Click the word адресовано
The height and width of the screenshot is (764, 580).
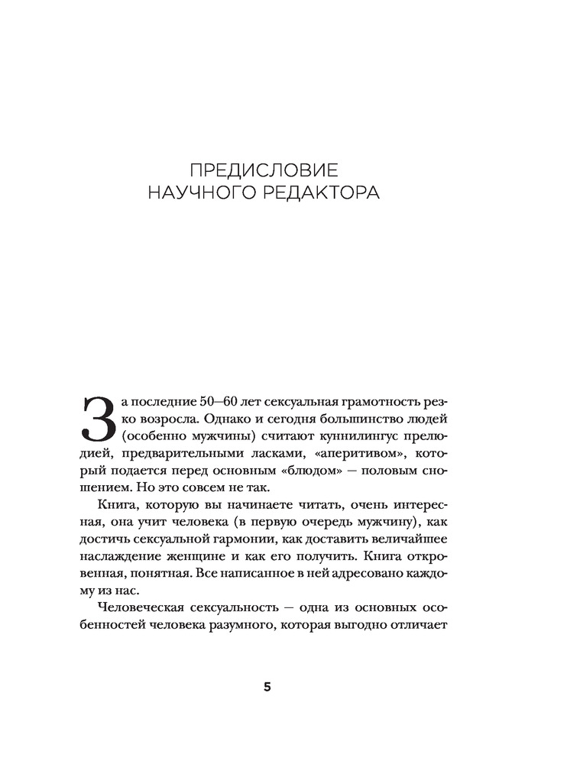coord(367,590)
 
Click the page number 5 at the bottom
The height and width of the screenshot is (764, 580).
coord(267,686)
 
